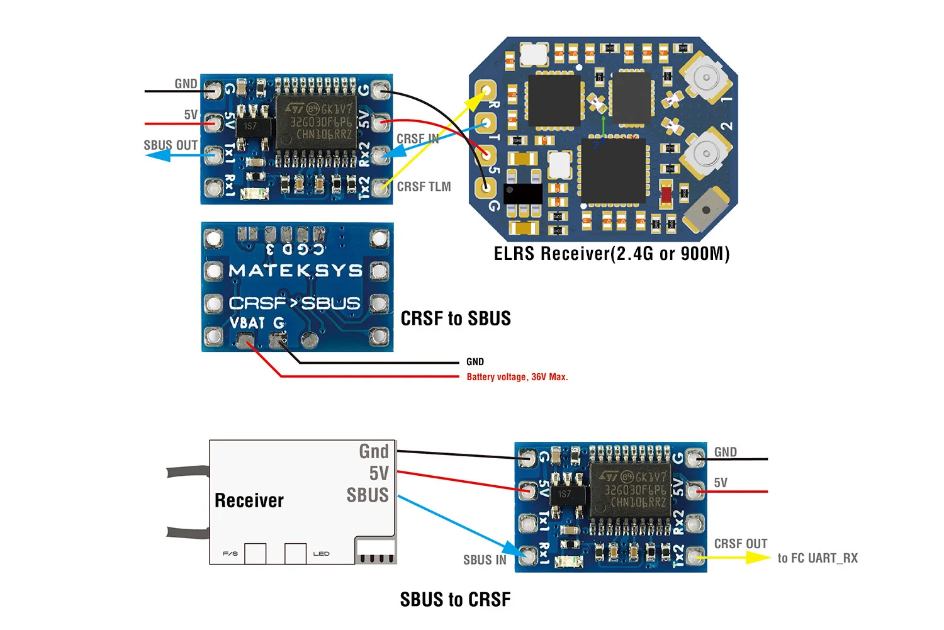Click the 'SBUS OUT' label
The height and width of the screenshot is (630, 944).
[x=171, y=145]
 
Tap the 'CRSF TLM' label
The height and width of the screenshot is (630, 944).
[x=424, y=187]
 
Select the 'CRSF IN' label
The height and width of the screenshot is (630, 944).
[x=417, y=139]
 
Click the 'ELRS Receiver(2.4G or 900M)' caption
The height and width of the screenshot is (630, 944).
[x=612, y=254]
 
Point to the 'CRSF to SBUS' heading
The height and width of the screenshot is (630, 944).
[x=456, y=318]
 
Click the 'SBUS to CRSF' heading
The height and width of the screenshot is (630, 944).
[x=455, y=600]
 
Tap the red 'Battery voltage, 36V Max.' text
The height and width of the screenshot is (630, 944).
[x=517, y=377]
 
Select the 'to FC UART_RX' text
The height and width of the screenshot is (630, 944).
[x=818, y=558]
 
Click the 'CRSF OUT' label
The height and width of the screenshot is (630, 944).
[x=741, y=544]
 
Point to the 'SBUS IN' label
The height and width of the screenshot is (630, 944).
[x=485, y=560]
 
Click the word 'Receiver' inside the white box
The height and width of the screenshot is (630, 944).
[x=249, y=500]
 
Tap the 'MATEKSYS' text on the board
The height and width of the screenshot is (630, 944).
[x=296, y=271]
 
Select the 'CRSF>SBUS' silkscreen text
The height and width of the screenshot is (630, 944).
[x=295, y=303]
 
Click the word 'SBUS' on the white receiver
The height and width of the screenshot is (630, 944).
[x=368, y=495]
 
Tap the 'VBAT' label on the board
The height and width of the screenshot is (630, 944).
[x=247, y=323]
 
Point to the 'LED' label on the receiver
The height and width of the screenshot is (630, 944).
[x=321, y=554]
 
